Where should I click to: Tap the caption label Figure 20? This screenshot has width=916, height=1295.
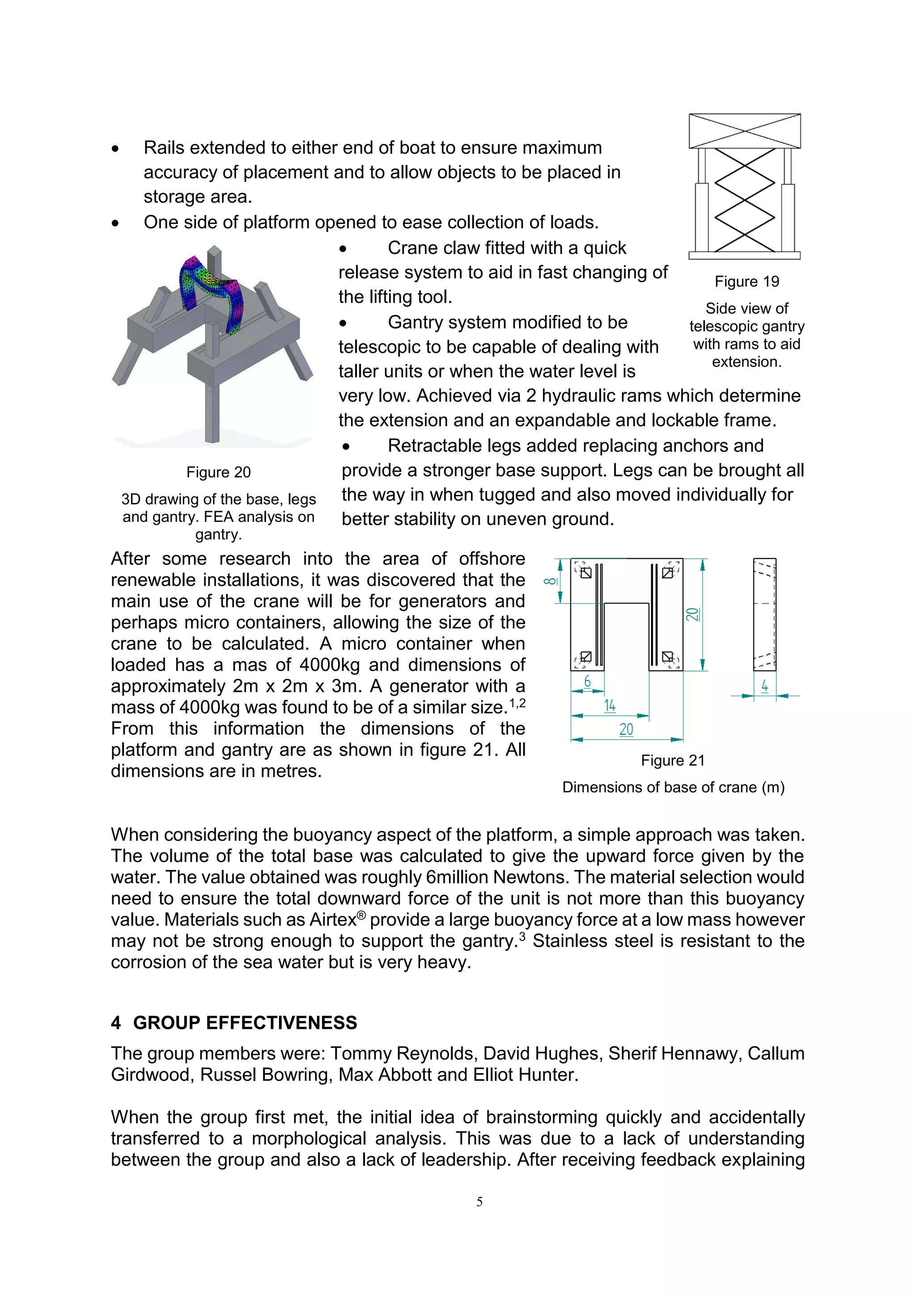coord(218,472)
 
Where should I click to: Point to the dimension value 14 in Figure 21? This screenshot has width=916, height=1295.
coord(610,706)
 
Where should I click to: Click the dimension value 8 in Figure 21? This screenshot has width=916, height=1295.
coord(550,581)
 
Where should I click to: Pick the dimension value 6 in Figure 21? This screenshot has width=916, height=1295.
coord(587,681)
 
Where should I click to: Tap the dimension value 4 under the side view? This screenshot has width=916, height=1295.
coord(764,686)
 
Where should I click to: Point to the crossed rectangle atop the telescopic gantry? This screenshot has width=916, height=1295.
coord(745,131)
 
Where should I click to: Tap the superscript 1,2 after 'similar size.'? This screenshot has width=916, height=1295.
coord(517,703)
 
